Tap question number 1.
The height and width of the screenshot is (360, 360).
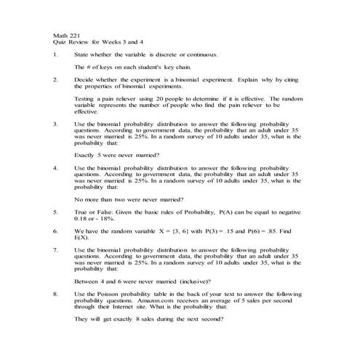[56, 55]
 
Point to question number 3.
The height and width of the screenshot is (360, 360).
[56, 124]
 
